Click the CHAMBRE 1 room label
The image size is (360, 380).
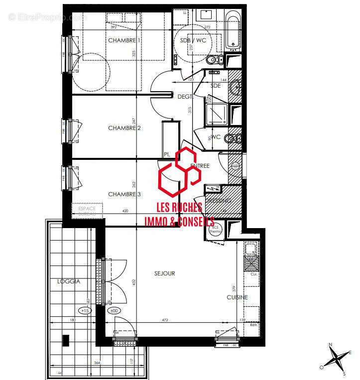click(x=124, y=40)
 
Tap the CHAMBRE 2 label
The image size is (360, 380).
click(x=124, y=128)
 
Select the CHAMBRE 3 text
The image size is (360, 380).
click(x=124, y=194)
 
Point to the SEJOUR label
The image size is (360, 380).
click(x=164, y=273)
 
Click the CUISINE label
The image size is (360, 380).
click(x=237, y=297)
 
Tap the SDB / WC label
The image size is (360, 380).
click(x=193, y=40)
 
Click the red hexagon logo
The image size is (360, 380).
click(x=179, y=169)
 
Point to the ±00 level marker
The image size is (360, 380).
click(x=114, y=311)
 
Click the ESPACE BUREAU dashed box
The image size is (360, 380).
click(x=87, y=210)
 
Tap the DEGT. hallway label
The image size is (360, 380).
click(x=184, y=97)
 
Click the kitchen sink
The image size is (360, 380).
click(x=251, y=262)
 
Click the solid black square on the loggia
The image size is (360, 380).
click(x=66, y=341)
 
